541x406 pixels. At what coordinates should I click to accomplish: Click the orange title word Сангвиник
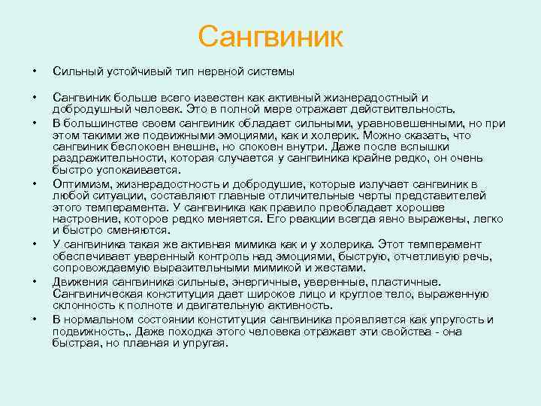[270, 36]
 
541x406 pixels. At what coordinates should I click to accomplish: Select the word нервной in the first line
[222, 71]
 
